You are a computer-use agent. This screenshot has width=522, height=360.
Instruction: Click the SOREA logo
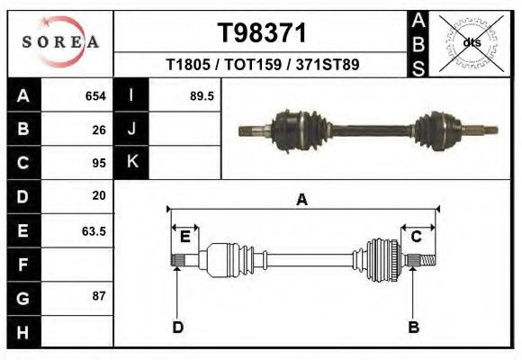point(60,42)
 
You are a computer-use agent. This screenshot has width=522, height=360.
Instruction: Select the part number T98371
point(262,33)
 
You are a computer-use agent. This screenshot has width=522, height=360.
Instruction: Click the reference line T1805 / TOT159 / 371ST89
point(263,65)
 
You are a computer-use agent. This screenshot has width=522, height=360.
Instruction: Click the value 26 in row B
point(99,129)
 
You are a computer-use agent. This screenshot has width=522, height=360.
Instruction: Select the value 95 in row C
point(99,163)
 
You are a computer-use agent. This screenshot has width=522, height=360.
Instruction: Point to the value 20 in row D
point(99,195)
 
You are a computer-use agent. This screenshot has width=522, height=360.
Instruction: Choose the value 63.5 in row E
point(94,231)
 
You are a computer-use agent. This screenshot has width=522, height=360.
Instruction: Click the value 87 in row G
point(99,296)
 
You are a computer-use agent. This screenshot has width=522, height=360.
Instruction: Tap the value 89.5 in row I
point(202,95)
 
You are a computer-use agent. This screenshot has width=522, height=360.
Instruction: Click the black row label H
point(23,331)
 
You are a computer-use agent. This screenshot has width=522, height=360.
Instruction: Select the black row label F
point(23,265)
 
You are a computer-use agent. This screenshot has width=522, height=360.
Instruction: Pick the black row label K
point(131,162)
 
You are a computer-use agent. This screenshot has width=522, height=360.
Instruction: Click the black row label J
point(131,129)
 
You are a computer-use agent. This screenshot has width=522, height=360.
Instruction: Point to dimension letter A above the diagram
point(301,200)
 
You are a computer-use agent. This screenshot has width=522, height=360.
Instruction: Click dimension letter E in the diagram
point(184,237)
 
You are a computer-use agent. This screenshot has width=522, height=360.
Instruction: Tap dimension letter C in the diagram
point(417,237)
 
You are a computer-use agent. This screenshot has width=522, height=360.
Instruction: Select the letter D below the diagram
point(177,327)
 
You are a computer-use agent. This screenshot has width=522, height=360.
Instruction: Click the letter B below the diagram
point(413,327)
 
